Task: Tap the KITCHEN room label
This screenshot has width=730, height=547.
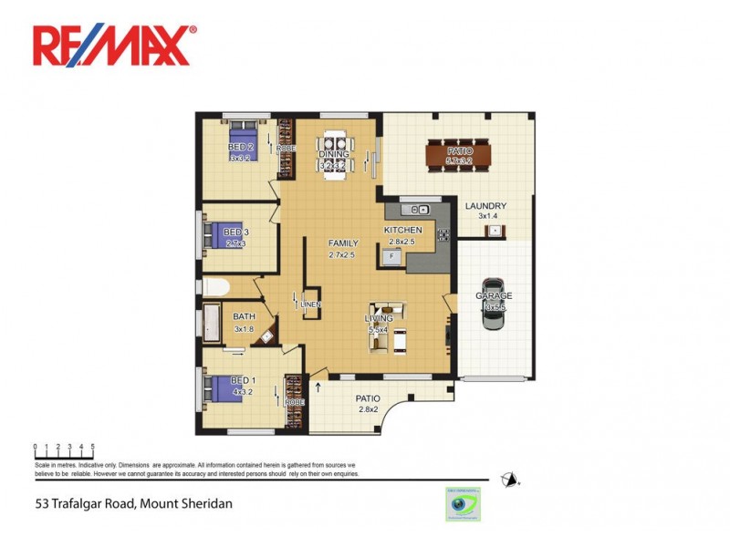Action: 402,230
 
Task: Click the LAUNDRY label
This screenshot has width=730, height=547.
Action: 485,206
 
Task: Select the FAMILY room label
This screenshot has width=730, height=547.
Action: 343,243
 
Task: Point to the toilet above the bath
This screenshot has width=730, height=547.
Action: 214,287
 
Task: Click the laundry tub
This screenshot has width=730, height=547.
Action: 494,231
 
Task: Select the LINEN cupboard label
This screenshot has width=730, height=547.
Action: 309,304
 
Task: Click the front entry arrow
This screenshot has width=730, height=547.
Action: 318,388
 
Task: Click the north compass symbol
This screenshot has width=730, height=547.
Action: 511,480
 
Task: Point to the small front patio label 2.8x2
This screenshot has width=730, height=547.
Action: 368,409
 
